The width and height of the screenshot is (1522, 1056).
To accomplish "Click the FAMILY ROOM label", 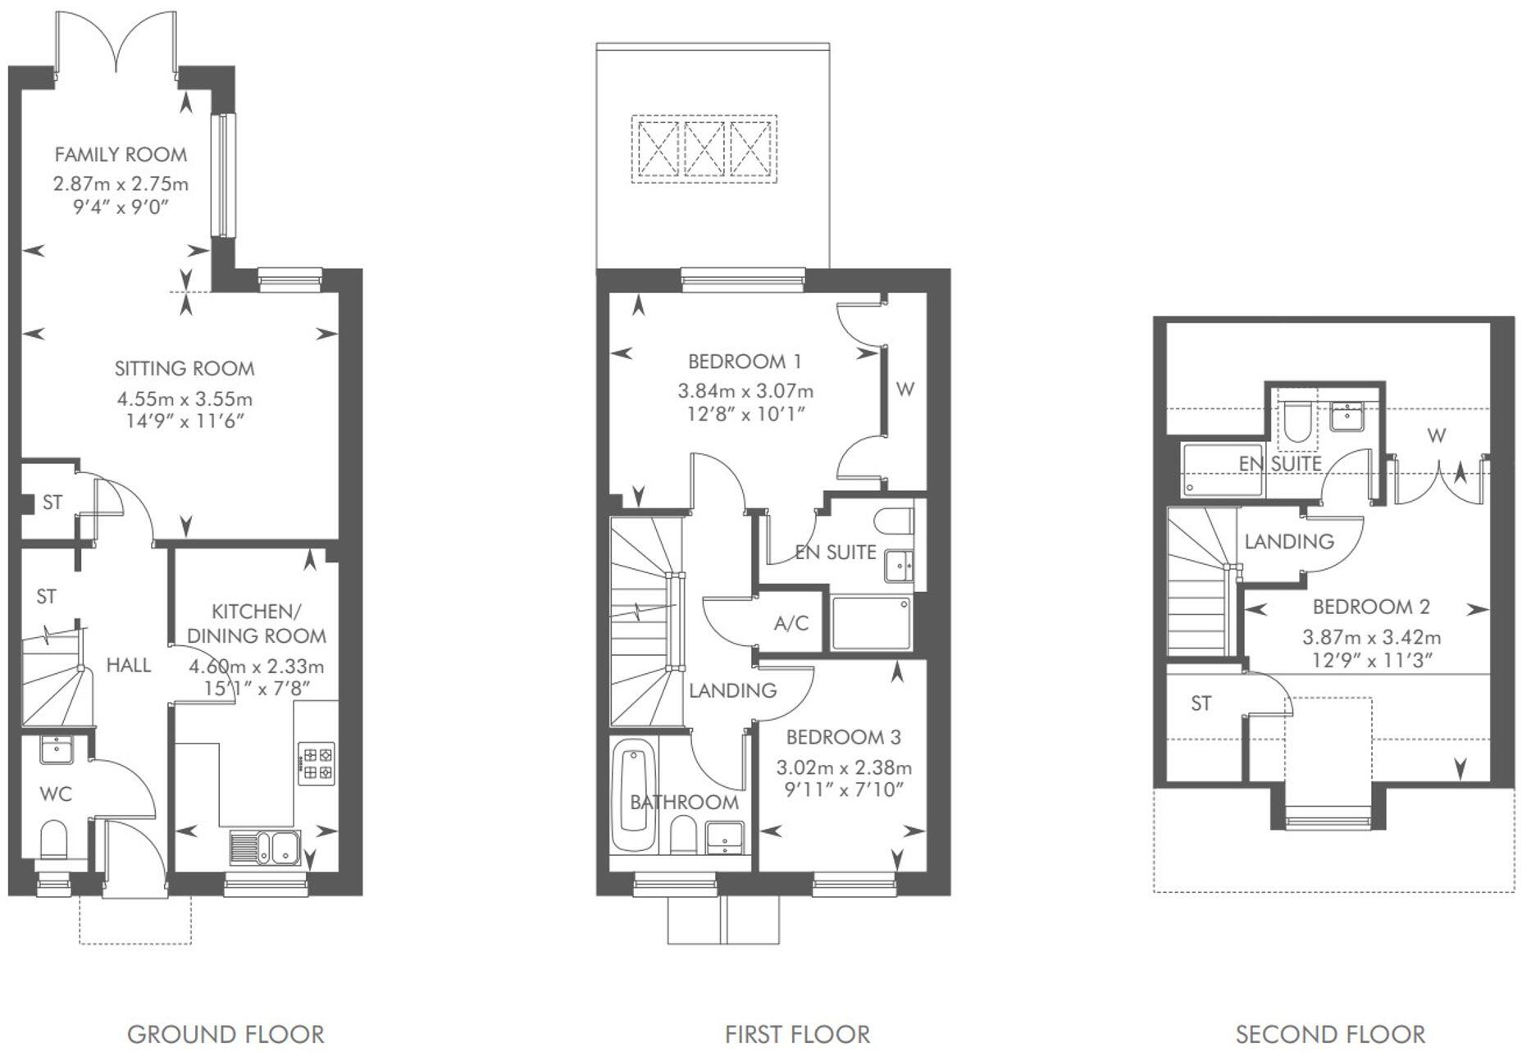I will coord(121,154).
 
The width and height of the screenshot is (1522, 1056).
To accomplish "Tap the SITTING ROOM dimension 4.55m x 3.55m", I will coord(185,399).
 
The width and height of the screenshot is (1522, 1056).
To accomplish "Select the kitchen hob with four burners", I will coord(316,762).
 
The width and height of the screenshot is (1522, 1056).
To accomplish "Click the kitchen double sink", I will coord(265,847).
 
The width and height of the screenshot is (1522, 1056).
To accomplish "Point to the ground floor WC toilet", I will coord(53,841).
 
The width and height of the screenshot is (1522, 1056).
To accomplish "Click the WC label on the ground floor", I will coord(55,794).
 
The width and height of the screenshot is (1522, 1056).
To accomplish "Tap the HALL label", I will coord(129,665).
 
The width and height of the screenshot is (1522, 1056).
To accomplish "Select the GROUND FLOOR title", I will coord(226,1035).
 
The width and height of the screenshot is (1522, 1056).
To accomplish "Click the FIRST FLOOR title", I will coord(797,1035).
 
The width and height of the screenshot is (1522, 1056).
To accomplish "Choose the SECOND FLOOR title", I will coord(1330,1035).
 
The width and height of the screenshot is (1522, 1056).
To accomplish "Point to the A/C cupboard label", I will coord(791,624).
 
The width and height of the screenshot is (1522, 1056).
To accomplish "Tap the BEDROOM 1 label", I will coord(745,362).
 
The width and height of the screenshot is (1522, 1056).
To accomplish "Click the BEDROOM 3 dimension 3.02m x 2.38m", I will coord(844,768).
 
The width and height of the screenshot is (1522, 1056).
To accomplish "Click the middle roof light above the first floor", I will coord(704,149).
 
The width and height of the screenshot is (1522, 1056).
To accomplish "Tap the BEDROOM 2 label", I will coord(1371,607).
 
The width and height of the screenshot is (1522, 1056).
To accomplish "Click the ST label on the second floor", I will coord(1201,703).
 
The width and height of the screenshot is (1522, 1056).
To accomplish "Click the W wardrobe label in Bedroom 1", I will coord(905,389).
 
